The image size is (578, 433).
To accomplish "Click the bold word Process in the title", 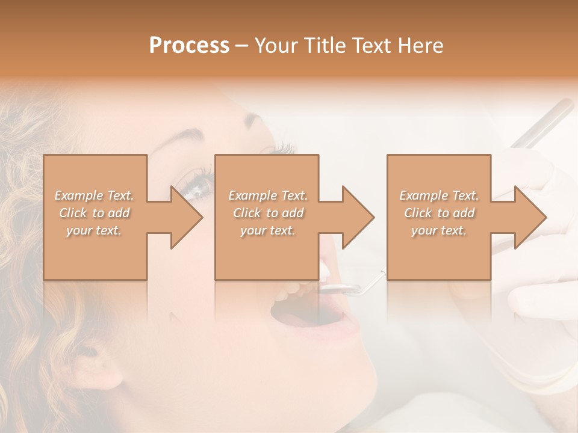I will pos(189,46).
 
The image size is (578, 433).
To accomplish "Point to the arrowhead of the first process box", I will pos(186,217).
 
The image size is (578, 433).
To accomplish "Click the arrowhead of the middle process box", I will pos(358,217).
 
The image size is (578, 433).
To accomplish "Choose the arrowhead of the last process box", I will pos(530,217).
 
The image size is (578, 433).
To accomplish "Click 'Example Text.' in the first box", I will pos(94,195).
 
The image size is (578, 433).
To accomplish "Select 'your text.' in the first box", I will pos(94,230).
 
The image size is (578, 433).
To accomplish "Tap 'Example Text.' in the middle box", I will pos(268,195).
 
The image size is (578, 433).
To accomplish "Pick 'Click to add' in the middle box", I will pos(268,213).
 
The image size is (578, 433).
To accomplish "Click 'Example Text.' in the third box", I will pos(439,195).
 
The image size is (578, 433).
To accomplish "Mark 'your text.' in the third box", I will pos(439,230).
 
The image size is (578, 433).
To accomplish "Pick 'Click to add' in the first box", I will pos(94,213).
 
